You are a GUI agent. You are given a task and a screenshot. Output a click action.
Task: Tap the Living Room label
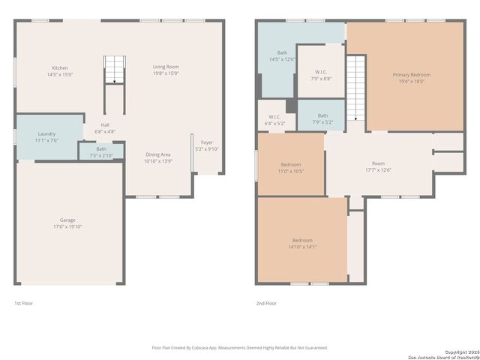click(165, 70)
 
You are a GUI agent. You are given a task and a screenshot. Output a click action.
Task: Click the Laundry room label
click(46, 137)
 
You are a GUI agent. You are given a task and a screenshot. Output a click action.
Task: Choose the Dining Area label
click(157, 157)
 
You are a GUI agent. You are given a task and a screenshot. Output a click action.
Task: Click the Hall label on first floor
click(105, 128)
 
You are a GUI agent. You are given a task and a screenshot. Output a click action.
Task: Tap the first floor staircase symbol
click(112, 70)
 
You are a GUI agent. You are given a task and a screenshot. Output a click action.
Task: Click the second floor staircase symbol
click(355, 88)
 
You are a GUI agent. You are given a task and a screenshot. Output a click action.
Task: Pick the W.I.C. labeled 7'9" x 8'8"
click(321, 75)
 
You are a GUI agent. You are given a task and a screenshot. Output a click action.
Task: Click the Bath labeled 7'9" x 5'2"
click(322, 118)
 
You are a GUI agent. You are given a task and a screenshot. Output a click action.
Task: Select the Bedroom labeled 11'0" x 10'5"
click(291, 167)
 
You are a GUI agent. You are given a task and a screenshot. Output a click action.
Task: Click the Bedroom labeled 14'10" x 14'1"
click(302, 243)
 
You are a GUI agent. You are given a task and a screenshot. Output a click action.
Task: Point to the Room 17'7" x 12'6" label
click(378, 166)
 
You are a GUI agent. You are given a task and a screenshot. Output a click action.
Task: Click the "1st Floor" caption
click(24, 303)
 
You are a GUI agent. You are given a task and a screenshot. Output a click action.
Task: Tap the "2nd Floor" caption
click(266, 303)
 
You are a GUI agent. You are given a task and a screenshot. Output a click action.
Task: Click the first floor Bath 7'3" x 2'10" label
click(101, 151)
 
